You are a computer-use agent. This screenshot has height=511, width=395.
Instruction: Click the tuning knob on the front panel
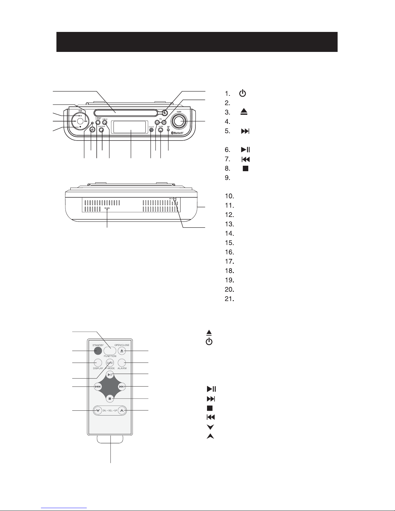click(x=179, y=121)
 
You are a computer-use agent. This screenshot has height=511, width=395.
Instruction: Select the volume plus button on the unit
click(x=164, y=123)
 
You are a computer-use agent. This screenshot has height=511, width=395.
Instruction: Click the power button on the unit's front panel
click(x=92, y=130)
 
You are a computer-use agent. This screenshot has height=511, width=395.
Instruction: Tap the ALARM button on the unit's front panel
click(x=160, y=130)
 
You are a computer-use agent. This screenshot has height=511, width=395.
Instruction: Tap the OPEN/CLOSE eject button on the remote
click(x=122, y=351)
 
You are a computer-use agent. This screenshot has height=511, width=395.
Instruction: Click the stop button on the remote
click(x=110, y=398)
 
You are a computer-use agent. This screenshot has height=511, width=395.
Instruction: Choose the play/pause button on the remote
click(x=110, y=375)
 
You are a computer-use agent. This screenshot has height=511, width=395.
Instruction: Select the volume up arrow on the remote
click(x=121, y=410)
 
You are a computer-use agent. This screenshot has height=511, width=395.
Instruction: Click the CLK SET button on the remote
click(x=110, y=362)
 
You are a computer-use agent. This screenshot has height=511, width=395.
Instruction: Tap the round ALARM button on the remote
click(x=122, y=362)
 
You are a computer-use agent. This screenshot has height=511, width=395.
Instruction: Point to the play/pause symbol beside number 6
click(x=246, y=150)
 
